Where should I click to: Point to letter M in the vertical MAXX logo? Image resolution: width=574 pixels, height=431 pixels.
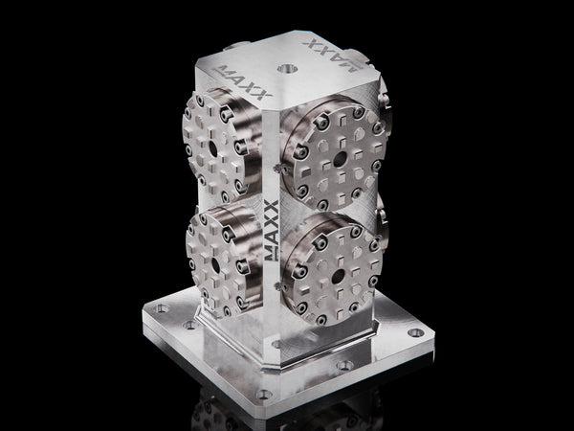pyautogui.click(x=272, y=251)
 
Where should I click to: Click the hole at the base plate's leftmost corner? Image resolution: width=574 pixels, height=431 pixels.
pyautogui.click(x=162, y=308)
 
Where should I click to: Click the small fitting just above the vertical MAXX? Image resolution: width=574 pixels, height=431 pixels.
pyautogui.click(x=275, y=170)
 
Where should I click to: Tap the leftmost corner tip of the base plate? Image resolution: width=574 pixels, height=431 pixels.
pyautogui.click(x=143, y=311)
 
